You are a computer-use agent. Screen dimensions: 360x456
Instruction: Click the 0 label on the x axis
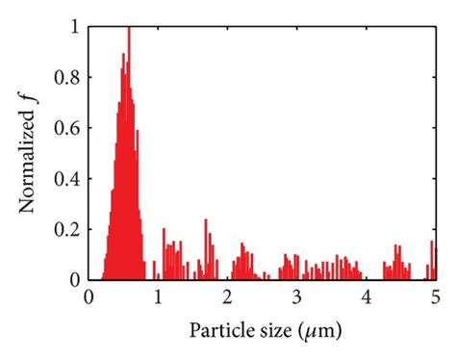click(89, 296)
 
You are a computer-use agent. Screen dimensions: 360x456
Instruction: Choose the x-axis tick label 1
click(159, 296)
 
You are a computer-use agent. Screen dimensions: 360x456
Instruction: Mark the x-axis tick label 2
click(228, 296)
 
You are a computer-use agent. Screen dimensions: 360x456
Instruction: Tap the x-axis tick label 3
click(297, 296)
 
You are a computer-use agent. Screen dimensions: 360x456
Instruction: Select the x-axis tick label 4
click(367, 296)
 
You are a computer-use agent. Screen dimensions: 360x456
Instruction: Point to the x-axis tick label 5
click(435, 296)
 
